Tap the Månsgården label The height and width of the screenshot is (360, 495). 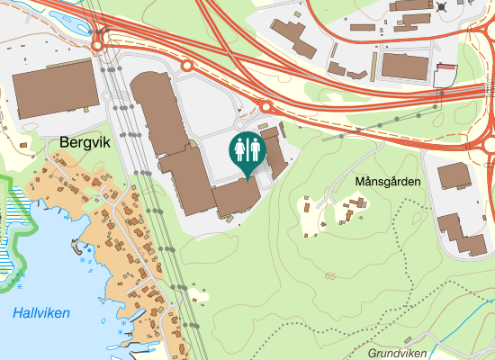[x=388, y=182]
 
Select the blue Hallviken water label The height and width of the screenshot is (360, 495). [x=41, y=313]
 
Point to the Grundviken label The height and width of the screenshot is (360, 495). [x=396, y=354]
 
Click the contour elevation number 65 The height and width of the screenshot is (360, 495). [x=331, y=275]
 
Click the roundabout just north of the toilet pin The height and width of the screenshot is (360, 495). [x=266, y=107]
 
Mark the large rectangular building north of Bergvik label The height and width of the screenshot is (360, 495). [x=54, y=90]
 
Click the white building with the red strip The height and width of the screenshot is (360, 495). [x=445, y=75]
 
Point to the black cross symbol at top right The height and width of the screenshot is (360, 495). [x=442, y=7]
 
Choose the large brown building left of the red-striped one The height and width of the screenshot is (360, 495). [x=406, y=65]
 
